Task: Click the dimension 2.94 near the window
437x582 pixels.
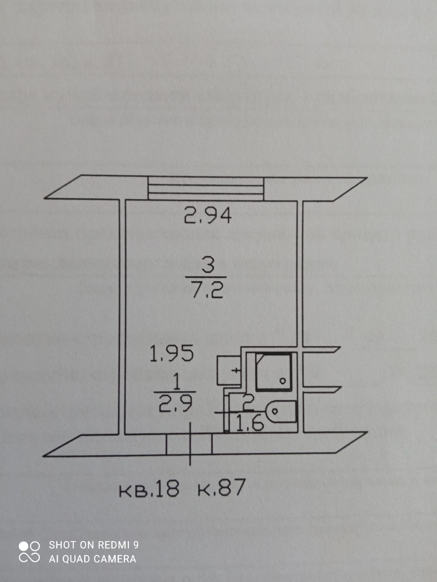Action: click(208, 215)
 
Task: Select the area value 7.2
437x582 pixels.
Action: click(207, 290)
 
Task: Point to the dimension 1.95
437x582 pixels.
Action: click(172, 354)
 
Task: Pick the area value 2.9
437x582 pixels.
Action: click(176, 404)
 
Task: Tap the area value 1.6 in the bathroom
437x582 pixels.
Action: click(250, 423)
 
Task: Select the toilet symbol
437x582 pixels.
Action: click(282, 412)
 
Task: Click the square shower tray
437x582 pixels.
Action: click(273, 372)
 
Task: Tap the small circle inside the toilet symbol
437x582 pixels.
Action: click(275, 412)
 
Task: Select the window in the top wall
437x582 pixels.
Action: click(206, 188)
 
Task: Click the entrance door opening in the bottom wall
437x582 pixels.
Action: click(189, 444)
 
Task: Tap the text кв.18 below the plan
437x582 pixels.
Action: click(149, 489)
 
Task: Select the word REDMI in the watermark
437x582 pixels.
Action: click(113, 545)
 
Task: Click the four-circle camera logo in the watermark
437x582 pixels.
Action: click(29, 552)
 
